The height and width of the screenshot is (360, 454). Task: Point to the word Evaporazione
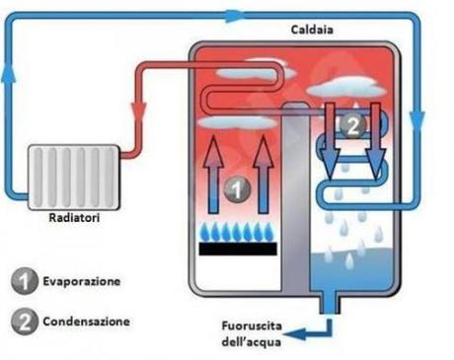click(82, 281)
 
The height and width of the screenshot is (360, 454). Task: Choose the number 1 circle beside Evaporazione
click(24, 282)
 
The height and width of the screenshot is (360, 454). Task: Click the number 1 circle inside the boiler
click(234, 186)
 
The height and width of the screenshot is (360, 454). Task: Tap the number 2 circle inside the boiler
click(351, 124)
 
